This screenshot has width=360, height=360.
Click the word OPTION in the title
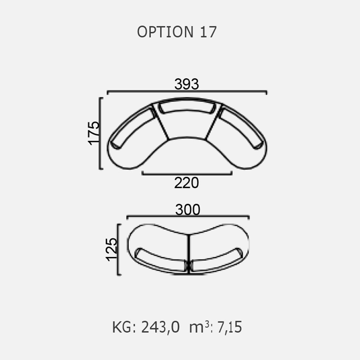165,32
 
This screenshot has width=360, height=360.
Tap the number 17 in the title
208,32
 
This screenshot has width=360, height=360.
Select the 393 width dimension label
187,84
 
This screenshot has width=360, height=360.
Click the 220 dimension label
186,183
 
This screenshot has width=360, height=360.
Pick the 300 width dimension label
188,210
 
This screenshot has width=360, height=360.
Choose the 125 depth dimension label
112,249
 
